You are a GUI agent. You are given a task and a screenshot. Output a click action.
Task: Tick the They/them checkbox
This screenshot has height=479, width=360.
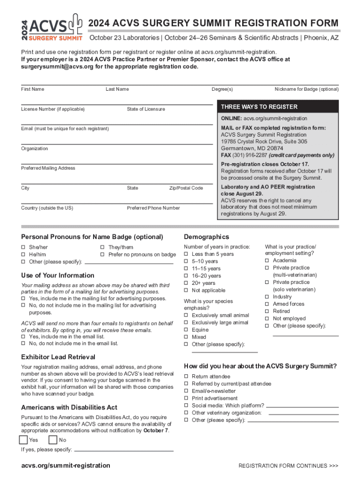point(102,247)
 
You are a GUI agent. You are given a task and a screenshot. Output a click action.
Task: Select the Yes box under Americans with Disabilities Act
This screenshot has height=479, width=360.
point(23,440)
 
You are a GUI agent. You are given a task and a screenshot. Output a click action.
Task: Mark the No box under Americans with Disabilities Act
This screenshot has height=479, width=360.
point(53,440)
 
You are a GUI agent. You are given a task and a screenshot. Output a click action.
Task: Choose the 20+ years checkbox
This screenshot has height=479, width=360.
point(186,283)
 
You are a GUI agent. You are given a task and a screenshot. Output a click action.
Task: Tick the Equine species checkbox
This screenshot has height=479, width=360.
point(186,330)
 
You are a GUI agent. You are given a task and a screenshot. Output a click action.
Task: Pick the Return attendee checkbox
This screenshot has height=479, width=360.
point(186,377)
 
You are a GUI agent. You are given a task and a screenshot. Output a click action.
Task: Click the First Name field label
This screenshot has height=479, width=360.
point(33,89)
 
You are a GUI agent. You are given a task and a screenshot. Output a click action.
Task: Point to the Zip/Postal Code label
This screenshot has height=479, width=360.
point(186,188)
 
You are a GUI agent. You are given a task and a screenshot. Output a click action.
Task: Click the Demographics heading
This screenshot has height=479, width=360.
point(207,237)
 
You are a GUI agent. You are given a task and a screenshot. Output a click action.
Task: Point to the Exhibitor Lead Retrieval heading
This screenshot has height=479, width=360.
point(58,357)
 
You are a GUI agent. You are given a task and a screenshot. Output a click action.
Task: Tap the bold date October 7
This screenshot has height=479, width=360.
point(156,430)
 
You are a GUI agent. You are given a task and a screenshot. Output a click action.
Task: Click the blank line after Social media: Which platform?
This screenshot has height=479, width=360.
point(302,406)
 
